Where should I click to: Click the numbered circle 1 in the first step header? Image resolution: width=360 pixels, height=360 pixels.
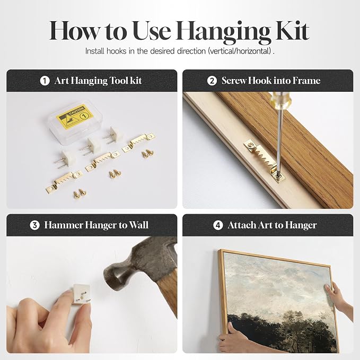coord(45,81)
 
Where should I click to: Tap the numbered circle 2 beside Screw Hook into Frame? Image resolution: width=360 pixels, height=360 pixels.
coord(212,81)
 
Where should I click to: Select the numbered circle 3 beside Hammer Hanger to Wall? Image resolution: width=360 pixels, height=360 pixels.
coord(34,225)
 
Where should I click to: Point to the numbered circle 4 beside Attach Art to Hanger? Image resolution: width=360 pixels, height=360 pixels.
coord(218,225)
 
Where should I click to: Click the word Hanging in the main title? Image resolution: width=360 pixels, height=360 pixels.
coord(223,33)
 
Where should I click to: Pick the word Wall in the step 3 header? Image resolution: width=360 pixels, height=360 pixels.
coord(139,225)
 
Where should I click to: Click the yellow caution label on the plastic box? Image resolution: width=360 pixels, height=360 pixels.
coord(75,116)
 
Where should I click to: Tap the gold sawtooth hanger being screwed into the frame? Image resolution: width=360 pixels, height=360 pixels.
coord(265,160)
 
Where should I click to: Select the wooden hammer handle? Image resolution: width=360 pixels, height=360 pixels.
coord(169,294)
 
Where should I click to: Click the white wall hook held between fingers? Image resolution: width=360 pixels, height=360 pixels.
coord(81,294)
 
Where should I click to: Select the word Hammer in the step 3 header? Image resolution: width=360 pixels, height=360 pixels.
coord(64,225)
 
